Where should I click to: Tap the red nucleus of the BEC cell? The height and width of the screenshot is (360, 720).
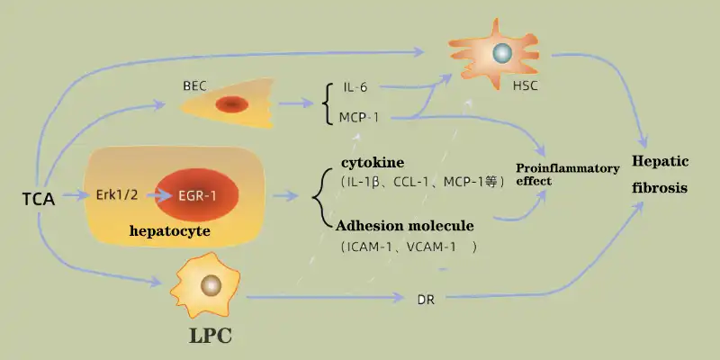231,104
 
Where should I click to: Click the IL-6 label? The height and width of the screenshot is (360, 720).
355,87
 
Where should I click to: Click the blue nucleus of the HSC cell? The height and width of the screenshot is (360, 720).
502,54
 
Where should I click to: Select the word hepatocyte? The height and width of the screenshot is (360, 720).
170,231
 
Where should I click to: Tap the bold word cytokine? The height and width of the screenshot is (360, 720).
372,162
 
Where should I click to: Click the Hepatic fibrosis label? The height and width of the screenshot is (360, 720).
661,175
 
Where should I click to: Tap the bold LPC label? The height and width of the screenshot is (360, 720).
211,337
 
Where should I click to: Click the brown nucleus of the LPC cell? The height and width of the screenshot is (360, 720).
211,286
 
